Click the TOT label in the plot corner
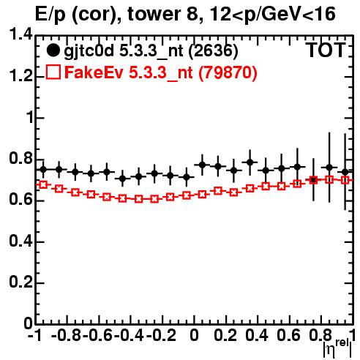(326, 50)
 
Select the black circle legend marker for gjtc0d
(53, 50)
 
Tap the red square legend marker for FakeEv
(53, 72)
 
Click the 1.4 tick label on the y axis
(20, 34)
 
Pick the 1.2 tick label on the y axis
(20, 76)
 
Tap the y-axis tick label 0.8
(20, 159)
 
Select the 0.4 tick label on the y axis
(20, 241)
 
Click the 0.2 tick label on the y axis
(20, 282)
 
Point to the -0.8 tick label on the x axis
(66, 335)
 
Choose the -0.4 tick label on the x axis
(130, 335)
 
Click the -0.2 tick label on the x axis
(161, 335)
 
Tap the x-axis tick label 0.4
(257, 335)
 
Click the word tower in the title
(159, 14)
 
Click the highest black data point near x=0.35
(250, 162)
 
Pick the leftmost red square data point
(43, 184)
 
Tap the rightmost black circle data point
(345, 172)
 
